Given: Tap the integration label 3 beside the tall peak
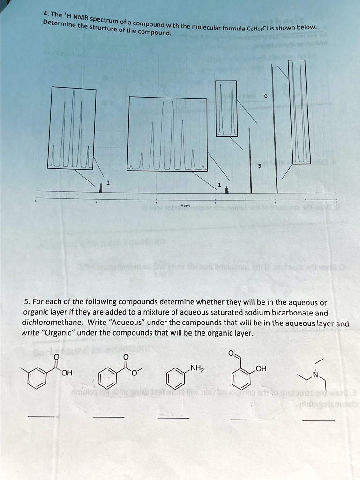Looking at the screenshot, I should point(258,165).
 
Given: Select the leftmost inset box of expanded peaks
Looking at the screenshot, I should point(73,127).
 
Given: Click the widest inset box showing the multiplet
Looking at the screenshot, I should point(168,134).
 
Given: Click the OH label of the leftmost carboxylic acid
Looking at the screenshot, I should point(67,373).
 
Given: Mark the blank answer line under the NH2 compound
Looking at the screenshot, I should point(173,418).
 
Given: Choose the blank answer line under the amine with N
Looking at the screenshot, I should point(318,420).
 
